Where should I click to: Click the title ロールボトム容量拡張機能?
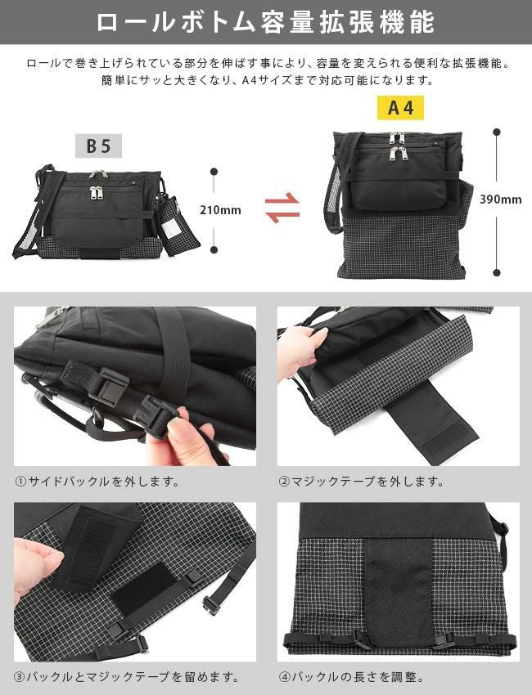(265, 22)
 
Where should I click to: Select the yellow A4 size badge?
(400, 108)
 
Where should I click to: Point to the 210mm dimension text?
(220, 210)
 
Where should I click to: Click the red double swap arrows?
(282, 208)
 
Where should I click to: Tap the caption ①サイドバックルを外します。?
(97, 482)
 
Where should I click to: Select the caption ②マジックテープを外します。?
(362, 482)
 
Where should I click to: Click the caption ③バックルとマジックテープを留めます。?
(127, 677)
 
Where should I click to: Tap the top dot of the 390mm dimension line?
(496, 130)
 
